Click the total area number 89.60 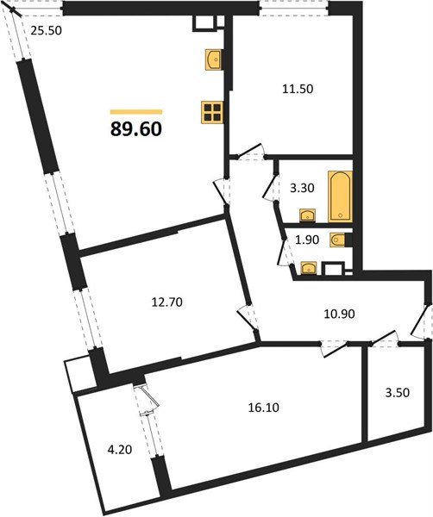[x=135, y=129]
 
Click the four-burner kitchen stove [x=211, y=112]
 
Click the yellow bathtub [x=340, y=196]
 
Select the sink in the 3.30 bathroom [x=306, y=214]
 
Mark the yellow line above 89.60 [x=136, y=111]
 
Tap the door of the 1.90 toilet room [x=280, y=250]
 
